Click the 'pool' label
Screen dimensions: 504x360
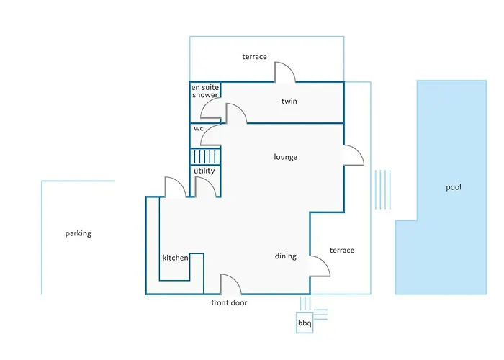(x=453, y=187)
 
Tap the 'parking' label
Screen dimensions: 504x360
(x=78, y=233)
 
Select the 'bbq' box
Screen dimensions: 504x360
(x=305, y=323)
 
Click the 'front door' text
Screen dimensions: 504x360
(x=229, y=302)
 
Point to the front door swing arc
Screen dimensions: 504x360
(x=236, y=279)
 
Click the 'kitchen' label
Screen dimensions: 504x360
(x=175, y=258)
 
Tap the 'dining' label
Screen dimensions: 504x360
(x=285, y=256)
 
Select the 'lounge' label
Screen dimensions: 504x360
(x=285, y=157)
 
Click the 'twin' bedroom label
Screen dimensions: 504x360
(x=289, y=102)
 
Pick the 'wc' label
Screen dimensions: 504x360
(x=199, y=129)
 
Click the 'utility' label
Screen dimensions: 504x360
(x=204, y=171)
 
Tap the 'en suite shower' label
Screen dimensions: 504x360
(x=205, y=91)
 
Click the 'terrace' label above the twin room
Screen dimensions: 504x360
(x=254, y=57)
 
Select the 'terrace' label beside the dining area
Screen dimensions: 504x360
(x=342, y=251)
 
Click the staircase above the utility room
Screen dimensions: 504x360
(x=205, y=156)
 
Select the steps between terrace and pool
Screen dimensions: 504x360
(x=382, y=189)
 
